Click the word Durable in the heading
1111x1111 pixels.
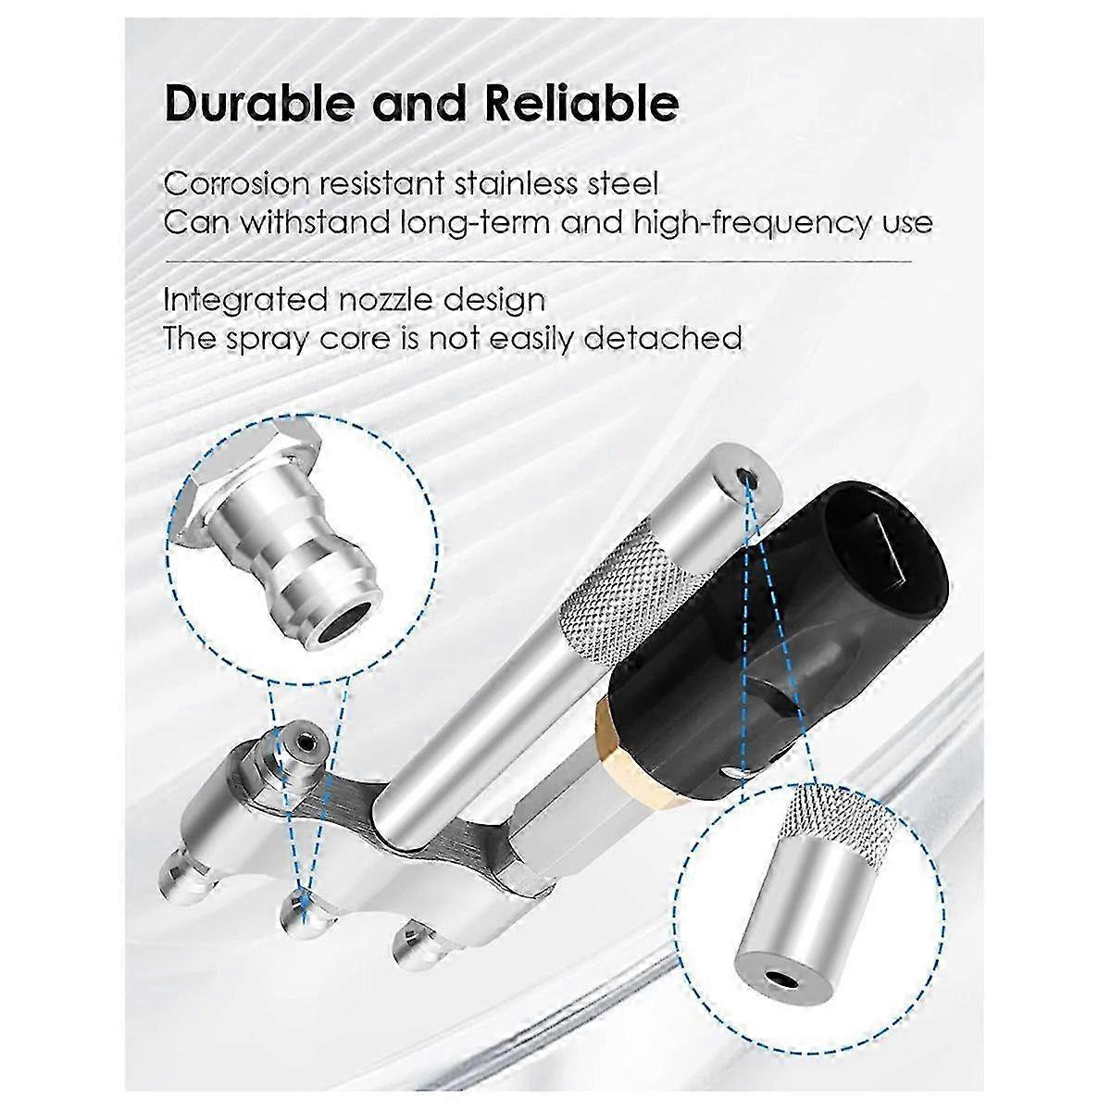259,104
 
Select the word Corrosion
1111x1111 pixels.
237,184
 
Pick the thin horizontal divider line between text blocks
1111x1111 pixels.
538,261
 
